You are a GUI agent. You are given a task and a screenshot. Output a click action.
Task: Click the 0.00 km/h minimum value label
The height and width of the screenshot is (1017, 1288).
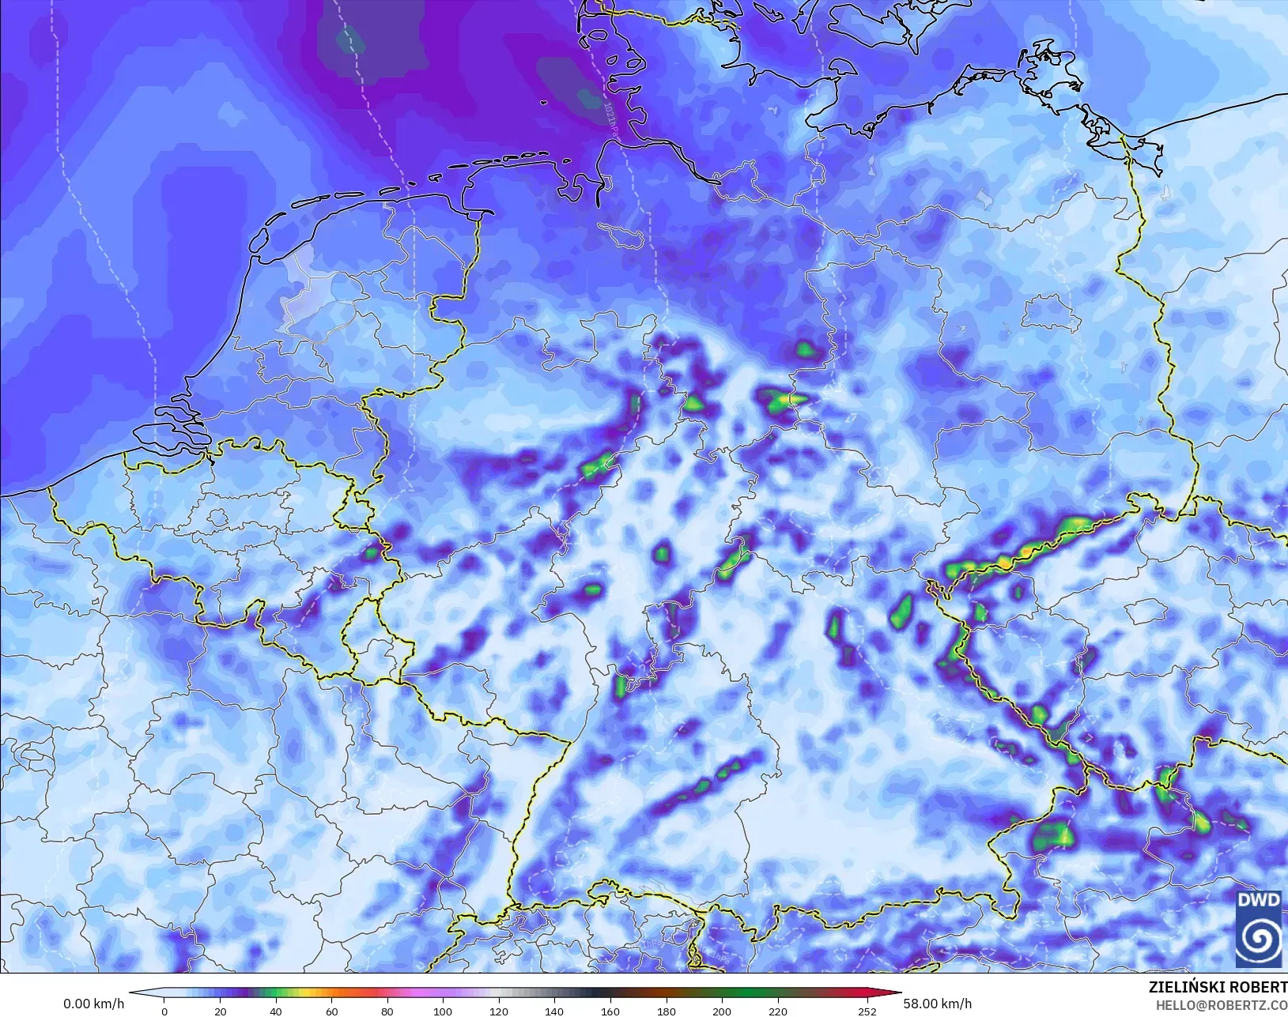point(93,1004)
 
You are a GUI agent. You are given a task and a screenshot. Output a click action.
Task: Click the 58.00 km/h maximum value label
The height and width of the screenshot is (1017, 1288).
point(937,1004)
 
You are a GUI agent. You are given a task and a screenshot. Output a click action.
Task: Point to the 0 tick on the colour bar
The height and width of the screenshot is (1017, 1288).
point(164,1011)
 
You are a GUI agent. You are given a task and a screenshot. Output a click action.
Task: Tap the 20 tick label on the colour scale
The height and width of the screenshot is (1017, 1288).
point(220,1011)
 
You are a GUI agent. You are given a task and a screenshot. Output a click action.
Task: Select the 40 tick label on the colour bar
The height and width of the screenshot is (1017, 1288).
point(275,1011)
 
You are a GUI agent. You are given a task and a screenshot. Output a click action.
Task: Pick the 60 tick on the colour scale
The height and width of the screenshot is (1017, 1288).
point(331,1011)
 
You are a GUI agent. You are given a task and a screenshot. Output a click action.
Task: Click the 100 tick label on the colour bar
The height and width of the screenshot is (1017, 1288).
point(443,1011)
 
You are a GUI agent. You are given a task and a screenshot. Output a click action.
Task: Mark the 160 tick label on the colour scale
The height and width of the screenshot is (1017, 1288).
point(610,1011)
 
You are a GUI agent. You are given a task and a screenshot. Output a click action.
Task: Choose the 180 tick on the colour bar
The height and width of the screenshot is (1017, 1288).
point(666,1011)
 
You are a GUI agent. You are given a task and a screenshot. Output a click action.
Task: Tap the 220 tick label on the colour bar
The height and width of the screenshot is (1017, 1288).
point(777,1011)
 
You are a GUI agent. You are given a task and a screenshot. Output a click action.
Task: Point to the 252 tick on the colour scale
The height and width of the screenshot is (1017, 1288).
point(867,1011)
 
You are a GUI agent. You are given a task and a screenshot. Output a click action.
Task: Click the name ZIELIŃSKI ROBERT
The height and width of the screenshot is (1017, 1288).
point(1218,987)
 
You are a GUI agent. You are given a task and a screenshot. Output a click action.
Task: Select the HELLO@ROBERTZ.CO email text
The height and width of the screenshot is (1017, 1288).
point(1222,1005)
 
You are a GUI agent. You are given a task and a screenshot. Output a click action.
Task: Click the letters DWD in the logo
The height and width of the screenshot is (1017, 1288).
point(1259,901)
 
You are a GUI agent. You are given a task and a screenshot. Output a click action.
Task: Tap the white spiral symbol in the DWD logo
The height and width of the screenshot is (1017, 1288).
point(1259,938)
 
